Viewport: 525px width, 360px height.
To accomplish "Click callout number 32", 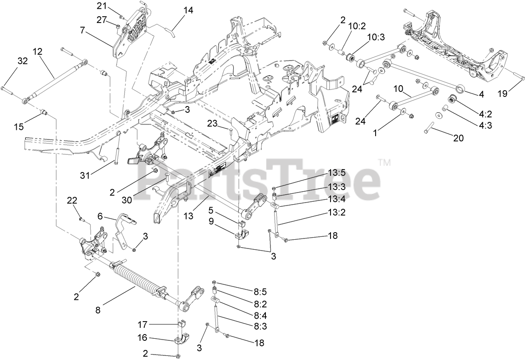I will click(22, 61).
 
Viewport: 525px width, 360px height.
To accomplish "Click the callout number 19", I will click(503, 94).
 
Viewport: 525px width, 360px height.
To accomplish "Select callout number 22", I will click(72, 200).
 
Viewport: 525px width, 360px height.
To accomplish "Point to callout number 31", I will click(85, 176).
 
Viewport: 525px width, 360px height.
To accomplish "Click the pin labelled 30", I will click(166, 177).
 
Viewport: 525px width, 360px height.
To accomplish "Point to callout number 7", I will click(82, 30).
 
